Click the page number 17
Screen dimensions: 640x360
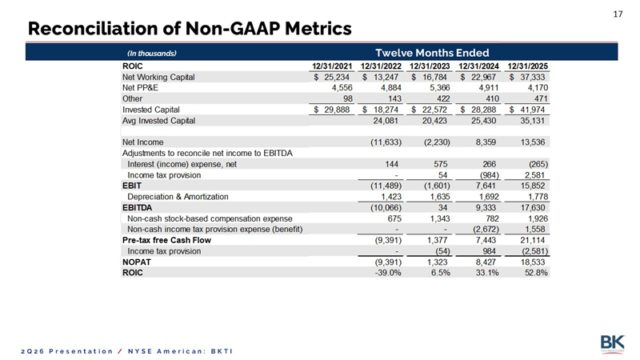point(618,14)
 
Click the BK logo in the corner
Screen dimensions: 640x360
point(612,344)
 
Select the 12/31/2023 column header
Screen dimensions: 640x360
point(430,66)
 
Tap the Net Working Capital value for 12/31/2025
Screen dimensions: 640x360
point(527,77)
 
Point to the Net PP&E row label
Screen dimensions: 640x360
point(140,88)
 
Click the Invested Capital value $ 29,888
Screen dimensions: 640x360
point(331,110)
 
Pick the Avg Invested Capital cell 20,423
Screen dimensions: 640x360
point(434,121)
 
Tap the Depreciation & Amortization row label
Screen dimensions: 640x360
point(178,197)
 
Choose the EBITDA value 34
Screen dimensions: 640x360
point(442,208)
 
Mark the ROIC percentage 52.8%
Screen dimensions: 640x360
point(536,273)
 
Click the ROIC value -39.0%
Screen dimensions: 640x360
point(388,273)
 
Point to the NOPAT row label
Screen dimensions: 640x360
point(136,262)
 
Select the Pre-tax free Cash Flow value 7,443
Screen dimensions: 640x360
point(486,241)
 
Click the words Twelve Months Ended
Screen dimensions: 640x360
point(432,53)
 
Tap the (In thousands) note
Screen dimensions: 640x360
point(151,54)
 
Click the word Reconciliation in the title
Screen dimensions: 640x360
point(92,29)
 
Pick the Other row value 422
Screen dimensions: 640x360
point(443,98)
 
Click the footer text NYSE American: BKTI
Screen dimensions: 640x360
point(181,351)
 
